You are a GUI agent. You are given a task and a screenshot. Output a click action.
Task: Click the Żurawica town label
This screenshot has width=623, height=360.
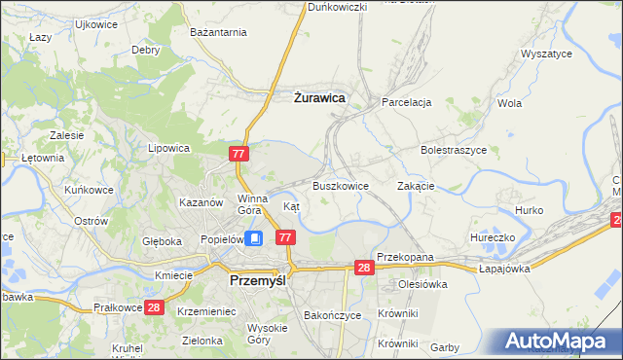(x=319, y=97)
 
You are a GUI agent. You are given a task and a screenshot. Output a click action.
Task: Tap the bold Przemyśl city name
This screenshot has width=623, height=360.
(x=256, y=279)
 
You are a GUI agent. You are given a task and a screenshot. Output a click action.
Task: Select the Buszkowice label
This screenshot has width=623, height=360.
(x=340, y=186)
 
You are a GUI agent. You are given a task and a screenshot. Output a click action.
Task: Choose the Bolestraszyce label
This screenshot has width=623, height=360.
(x=453, y=151)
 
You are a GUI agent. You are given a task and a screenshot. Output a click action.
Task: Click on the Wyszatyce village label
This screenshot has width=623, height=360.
(x=546, y=55)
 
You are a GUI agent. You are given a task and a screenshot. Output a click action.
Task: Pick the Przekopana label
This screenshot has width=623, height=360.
(x=404, y=258)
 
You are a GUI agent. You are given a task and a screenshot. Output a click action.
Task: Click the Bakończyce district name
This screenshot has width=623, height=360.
(x=333, y=316)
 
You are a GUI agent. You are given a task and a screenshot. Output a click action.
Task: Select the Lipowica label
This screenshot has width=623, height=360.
(x=167, y=149)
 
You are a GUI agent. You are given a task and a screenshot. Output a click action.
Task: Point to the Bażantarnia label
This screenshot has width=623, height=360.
(x=219, y=33)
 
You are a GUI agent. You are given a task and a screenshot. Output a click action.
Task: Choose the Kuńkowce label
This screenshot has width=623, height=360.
(x=89, y=190)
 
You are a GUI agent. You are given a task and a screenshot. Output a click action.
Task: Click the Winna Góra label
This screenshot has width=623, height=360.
(x=251, y=204)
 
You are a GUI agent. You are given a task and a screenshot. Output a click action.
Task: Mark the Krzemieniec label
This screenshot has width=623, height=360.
(x=207, y=310)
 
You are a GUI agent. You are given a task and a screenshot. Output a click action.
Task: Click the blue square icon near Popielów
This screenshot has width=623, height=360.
(x=254, y=237)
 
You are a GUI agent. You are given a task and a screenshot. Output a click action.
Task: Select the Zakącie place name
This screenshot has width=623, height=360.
(x=416, y=186)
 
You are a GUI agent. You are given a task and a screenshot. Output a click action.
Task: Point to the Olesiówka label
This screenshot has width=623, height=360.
(x=421, y=285)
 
